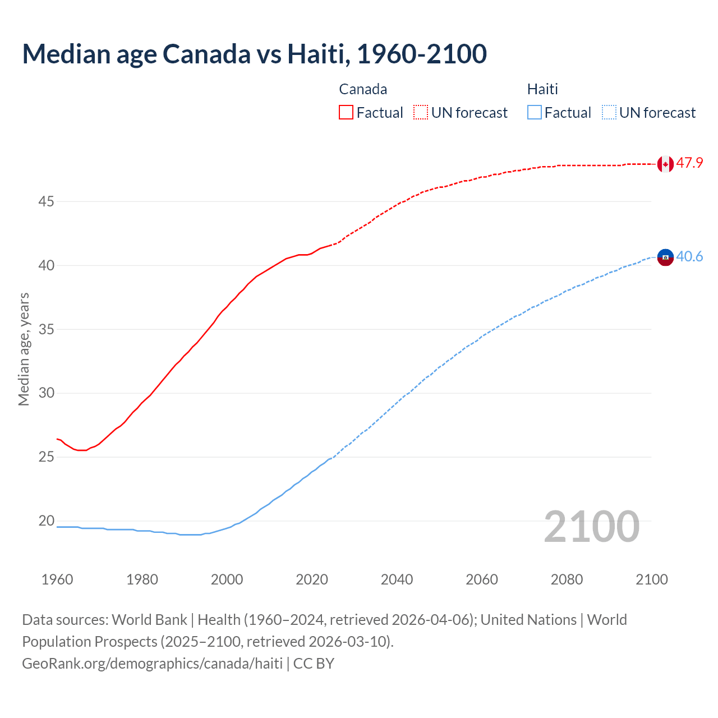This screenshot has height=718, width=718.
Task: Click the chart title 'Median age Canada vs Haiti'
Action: [x=254, y=54]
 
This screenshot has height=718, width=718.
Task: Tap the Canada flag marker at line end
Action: [x=665, y=164]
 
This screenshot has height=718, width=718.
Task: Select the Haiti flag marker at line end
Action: [x=665, y=257]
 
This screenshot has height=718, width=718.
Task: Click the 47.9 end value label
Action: [x=689, y=163]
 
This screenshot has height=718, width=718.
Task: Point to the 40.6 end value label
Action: [x=689, y=257]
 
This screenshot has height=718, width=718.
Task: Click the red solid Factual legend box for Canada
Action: [x=346, y=112]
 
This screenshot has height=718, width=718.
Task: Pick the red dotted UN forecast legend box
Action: [x=421, y=112]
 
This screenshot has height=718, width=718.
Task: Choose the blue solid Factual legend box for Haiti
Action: [x=535, y=112]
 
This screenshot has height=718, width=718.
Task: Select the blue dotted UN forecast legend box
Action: [x=609, y=112]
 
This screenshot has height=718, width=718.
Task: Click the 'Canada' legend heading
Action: [x=363, y=89]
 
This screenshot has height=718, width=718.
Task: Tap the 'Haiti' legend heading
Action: [x=542, y=89]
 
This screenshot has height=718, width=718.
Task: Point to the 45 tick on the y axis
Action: [x=46, y=201]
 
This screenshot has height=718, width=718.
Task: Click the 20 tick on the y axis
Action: [x=46, y=521]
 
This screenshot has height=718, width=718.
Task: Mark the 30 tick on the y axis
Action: [x=46, y=393]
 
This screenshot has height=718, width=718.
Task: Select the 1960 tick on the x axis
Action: [x=57, y=579]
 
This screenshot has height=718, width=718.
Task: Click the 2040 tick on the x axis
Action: [x=397, y=579]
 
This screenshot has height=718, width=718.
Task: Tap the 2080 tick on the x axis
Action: [x=567, y=579]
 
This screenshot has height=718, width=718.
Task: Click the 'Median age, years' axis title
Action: [x=24, y=349]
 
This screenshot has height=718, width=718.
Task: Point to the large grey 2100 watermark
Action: [x=592, y=526]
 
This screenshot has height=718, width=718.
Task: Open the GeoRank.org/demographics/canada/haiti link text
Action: [x=152, y=663]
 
